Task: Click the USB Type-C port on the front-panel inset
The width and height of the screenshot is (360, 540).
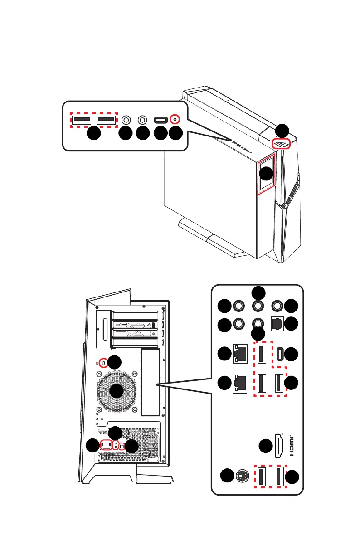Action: (160, 120)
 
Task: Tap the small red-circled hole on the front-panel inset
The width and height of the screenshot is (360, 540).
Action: (176, 120)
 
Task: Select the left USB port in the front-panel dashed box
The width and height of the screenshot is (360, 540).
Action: (81, 120)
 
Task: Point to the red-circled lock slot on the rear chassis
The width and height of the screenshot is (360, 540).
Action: (105, 363)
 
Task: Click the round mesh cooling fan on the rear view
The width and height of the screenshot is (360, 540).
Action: (117, 391)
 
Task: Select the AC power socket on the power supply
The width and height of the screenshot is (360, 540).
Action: (106, 445)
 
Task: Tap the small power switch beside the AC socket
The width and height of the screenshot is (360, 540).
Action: (116, 445)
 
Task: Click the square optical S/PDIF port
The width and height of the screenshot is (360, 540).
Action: (277, 324)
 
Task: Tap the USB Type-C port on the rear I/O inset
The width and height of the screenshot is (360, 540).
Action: (277, 354)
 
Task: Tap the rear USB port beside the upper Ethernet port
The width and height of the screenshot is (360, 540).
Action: (262, 354)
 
